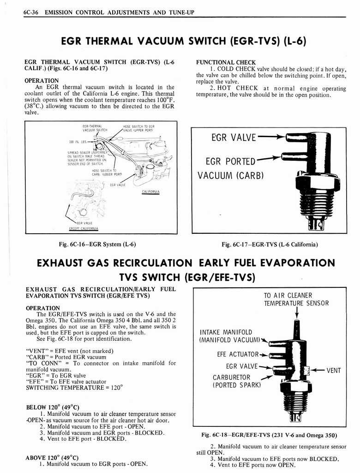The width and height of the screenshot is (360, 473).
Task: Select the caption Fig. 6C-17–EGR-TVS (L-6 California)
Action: coord(270,244)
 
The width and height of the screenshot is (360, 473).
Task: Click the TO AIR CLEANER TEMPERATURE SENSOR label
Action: coord(296,299)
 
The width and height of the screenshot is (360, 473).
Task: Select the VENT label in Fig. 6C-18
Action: coord(333,370)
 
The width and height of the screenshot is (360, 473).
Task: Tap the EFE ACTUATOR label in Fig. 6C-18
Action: coord(238,355)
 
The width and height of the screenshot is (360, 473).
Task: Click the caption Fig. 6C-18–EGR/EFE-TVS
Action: coord(269,435)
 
